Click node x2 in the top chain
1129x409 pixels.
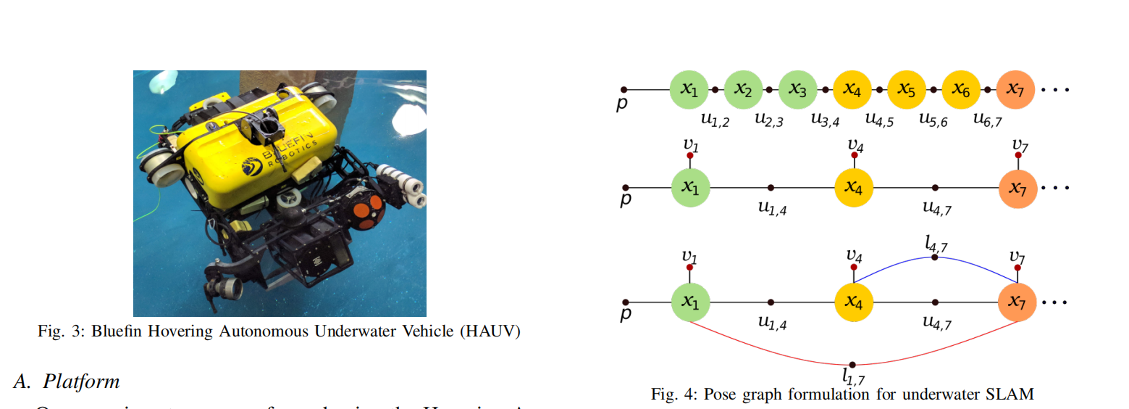pos(744,89)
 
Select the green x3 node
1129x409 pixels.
pos(798,89)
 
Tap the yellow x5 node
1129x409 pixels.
pos(907,89)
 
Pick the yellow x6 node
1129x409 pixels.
pos(961,89)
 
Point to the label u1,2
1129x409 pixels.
pos(715,120)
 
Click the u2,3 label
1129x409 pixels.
pos(769,120)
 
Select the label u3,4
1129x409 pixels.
pos(824,120)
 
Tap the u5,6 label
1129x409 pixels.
pos(933,120)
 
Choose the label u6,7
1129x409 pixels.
pos(987,120)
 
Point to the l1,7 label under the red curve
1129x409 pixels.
pos(853,377)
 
